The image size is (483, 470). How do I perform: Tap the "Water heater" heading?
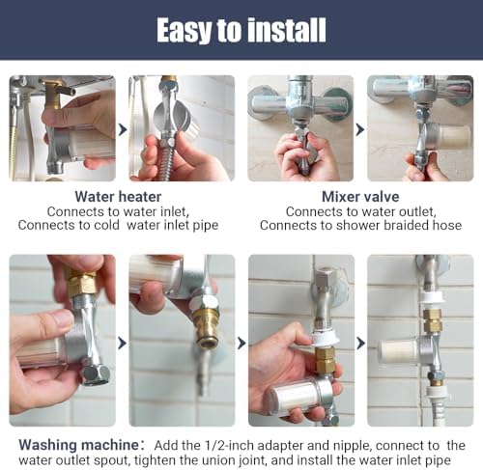pos(118,197)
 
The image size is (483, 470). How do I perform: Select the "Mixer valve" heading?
pos(360,197)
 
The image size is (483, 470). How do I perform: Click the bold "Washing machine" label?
pos(78,445)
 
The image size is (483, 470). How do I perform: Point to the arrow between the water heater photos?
pos(123,129)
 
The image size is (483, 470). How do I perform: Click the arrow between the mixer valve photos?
pos(360,129)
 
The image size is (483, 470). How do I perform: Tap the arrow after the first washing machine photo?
pos(123,343)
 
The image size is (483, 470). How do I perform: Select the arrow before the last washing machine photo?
pos(361,343)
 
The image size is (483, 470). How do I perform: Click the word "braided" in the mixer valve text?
pos(406,225)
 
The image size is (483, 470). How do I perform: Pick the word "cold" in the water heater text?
pos(106,225)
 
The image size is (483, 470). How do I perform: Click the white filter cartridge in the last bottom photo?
pos(398,351)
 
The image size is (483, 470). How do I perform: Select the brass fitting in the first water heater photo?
pos(53,94)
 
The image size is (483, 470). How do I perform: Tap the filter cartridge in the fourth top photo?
pos(452,135)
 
